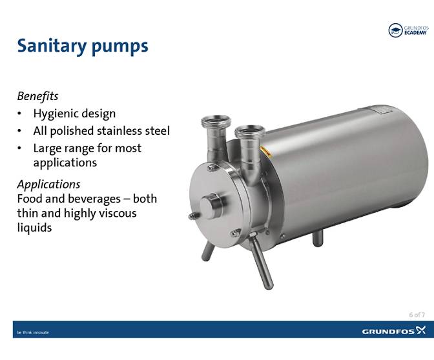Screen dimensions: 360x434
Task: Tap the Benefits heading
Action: [37, 96]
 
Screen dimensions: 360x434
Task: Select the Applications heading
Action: [48, 184]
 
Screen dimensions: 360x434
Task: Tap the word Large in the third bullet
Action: [48, 148]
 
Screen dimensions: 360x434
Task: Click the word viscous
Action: [114, 213]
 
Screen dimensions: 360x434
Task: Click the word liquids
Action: [34, 228]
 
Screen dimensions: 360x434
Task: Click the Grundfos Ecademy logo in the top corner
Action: [408, 30]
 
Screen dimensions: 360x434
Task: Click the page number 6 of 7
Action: [417, 315]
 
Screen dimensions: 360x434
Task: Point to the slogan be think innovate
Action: [32, 332]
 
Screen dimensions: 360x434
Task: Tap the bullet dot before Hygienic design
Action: [21, 114]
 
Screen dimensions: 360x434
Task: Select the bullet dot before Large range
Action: [21, 148]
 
